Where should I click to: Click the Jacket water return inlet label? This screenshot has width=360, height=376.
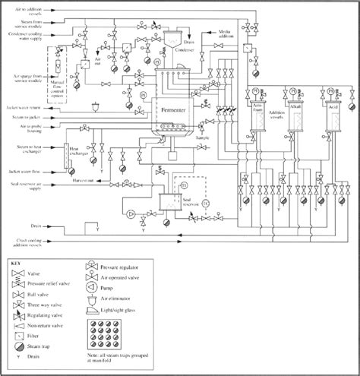[x=31, y=108]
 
